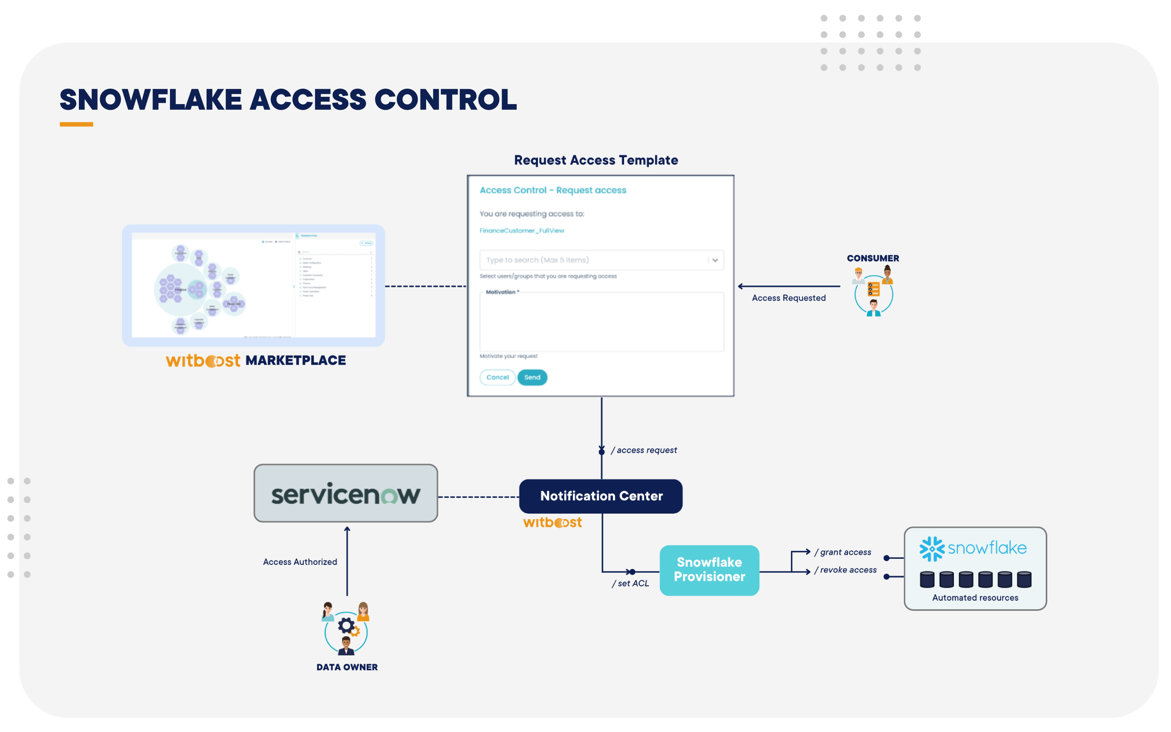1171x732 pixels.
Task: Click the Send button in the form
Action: (532, 377)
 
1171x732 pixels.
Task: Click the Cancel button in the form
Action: (497, 377)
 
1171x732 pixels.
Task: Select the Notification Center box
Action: (601, 496)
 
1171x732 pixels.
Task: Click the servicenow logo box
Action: (346, 493)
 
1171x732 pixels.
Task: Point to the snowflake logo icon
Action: (932, 549)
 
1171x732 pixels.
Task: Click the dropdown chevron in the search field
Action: (715, 260)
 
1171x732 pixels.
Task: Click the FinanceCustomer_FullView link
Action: (522, 231)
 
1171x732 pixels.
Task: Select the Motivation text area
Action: (601, 323)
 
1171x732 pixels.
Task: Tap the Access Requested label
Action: (788, 298)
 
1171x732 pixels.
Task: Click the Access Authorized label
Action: (300, 562)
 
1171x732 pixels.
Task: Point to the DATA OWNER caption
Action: (346, 667)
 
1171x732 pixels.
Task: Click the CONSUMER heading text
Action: (873, 258)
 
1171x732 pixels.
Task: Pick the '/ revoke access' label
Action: (845, 570)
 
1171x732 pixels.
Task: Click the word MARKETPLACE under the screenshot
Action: (295, 360)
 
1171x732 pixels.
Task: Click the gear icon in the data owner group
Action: (346, 626)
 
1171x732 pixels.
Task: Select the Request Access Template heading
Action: (596, 160)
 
